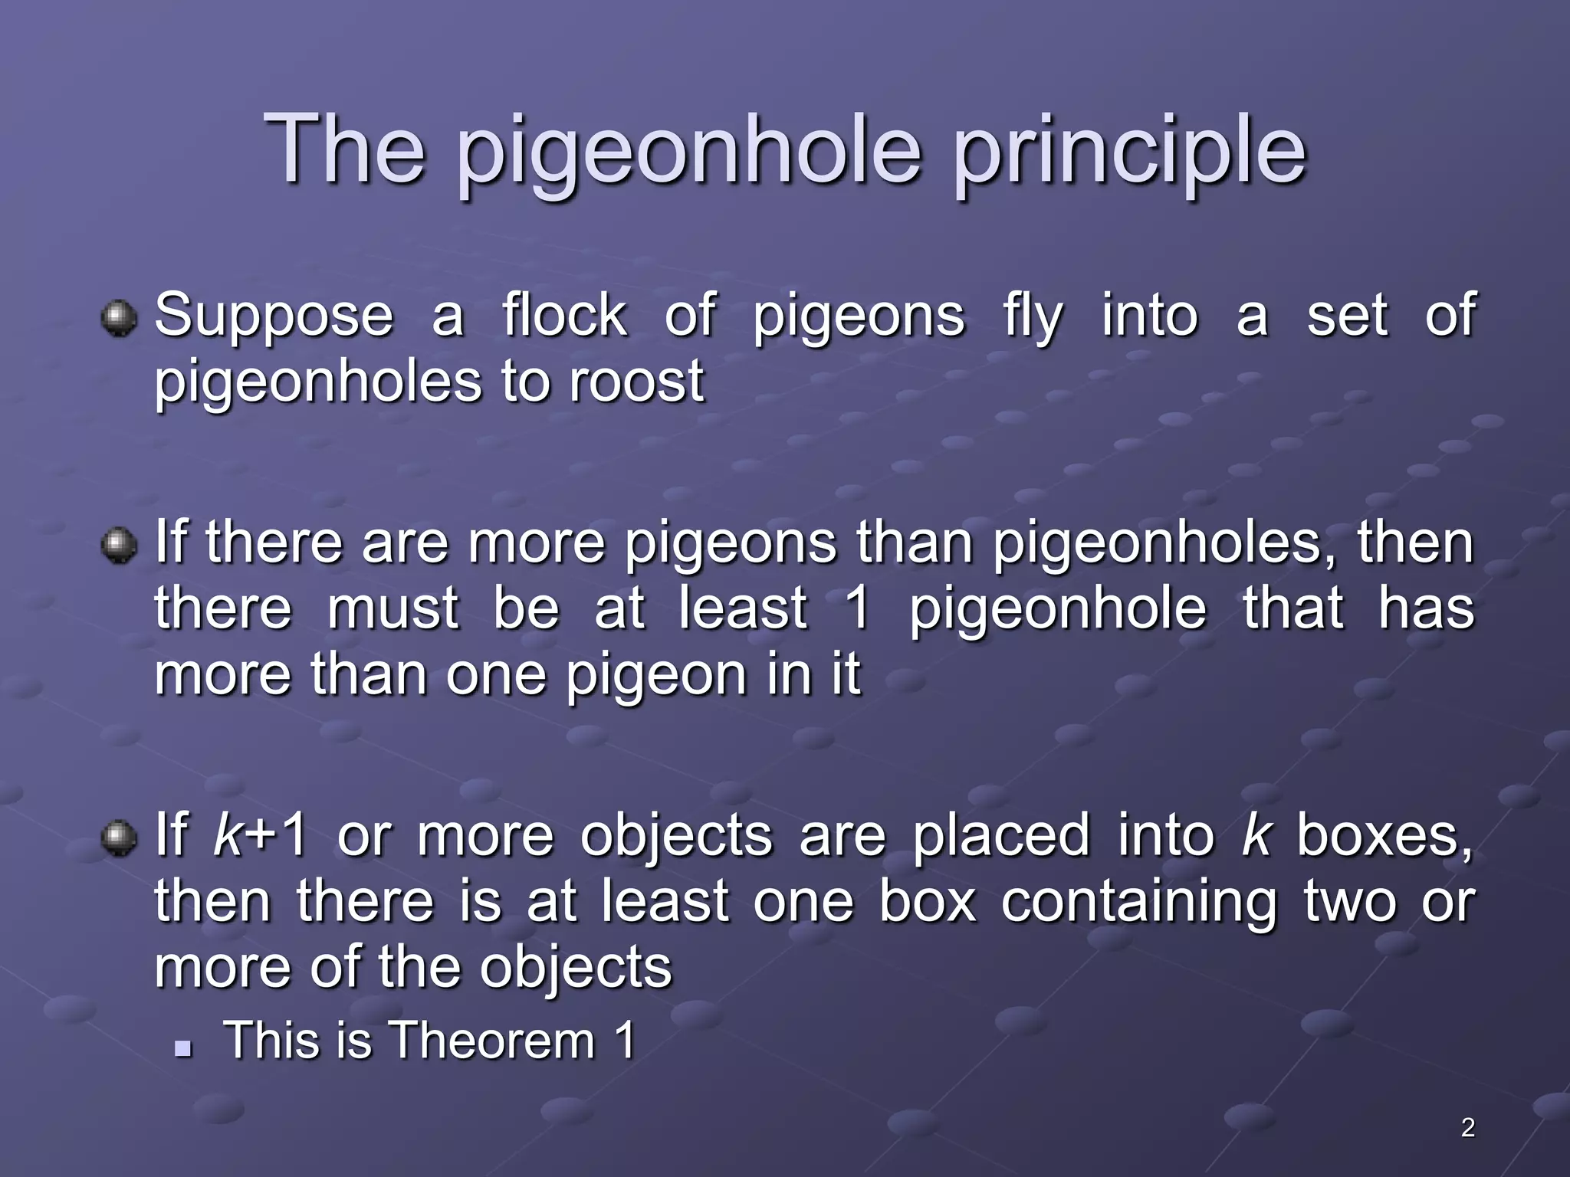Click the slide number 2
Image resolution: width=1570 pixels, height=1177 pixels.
click(x=1467, y=1127)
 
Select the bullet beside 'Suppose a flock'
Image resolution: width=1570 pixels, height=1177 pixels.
click(x=119, y=318)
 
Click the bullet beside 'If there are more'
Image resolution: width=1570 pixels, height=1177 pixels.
click(x=119, y=546)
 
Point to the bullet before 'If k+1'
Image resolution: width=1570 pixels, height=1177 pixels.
click(x=119, y=838)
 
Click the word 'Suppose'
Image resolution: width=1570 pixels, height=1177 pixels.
click(x=274, y=316)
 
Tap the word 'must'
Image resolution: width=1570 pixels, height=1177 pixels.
click(x=393, y=608)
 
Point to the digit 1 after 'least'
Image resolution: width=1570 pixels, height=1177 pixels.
click(x=859, y=608)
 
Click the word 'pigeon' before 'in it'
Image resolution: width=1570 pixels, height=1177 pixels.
click(x=655, y=676)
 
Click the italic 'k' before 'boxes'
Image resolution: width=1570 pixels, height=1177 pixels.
click(x=1256, y=835)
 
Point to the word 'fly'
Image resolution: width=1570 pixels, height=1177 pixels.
click(x=1032, y=316)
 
